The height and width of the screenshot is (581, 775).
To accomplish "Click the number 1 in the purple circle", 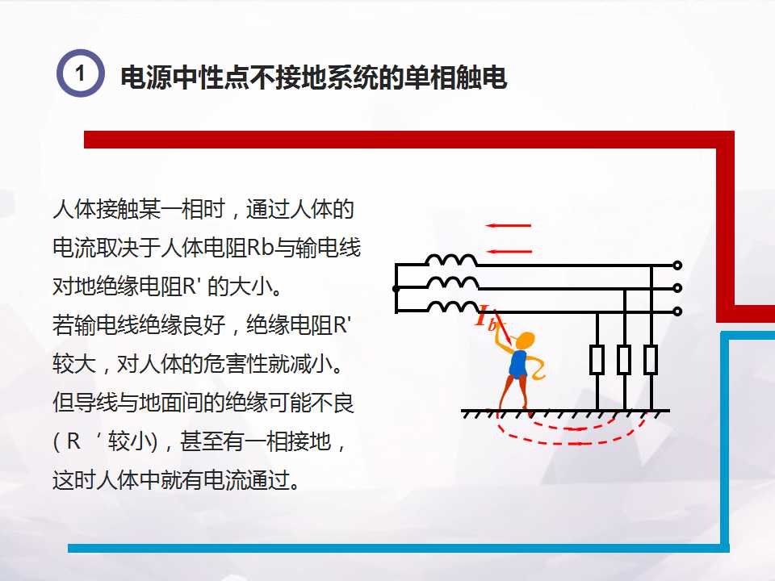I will point(80,73).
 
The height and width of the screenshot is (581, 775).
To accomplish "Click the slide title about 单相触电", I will point(313,78).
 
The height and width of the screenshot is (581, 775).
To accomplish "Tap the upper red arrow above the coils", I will point(509,225).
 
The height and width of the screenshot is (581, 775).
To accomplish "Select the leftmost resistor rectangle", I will point(597,359).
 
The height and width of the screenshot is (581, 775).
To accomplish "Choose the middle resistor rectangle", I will point(624,359).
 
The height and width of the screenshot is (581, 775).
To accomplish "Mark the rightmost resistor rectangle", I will point(651,359).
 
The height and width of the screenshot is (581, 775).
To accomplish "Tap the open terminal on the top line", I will point(677,265).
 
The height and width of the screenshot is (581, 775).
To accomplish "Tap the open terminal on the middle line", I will point(677,288).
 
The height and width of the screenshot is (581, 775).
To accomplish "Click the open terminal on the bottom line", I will point(677,311).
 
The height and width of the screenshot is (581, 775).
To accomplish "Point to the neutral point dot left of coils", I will point(396,288).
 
